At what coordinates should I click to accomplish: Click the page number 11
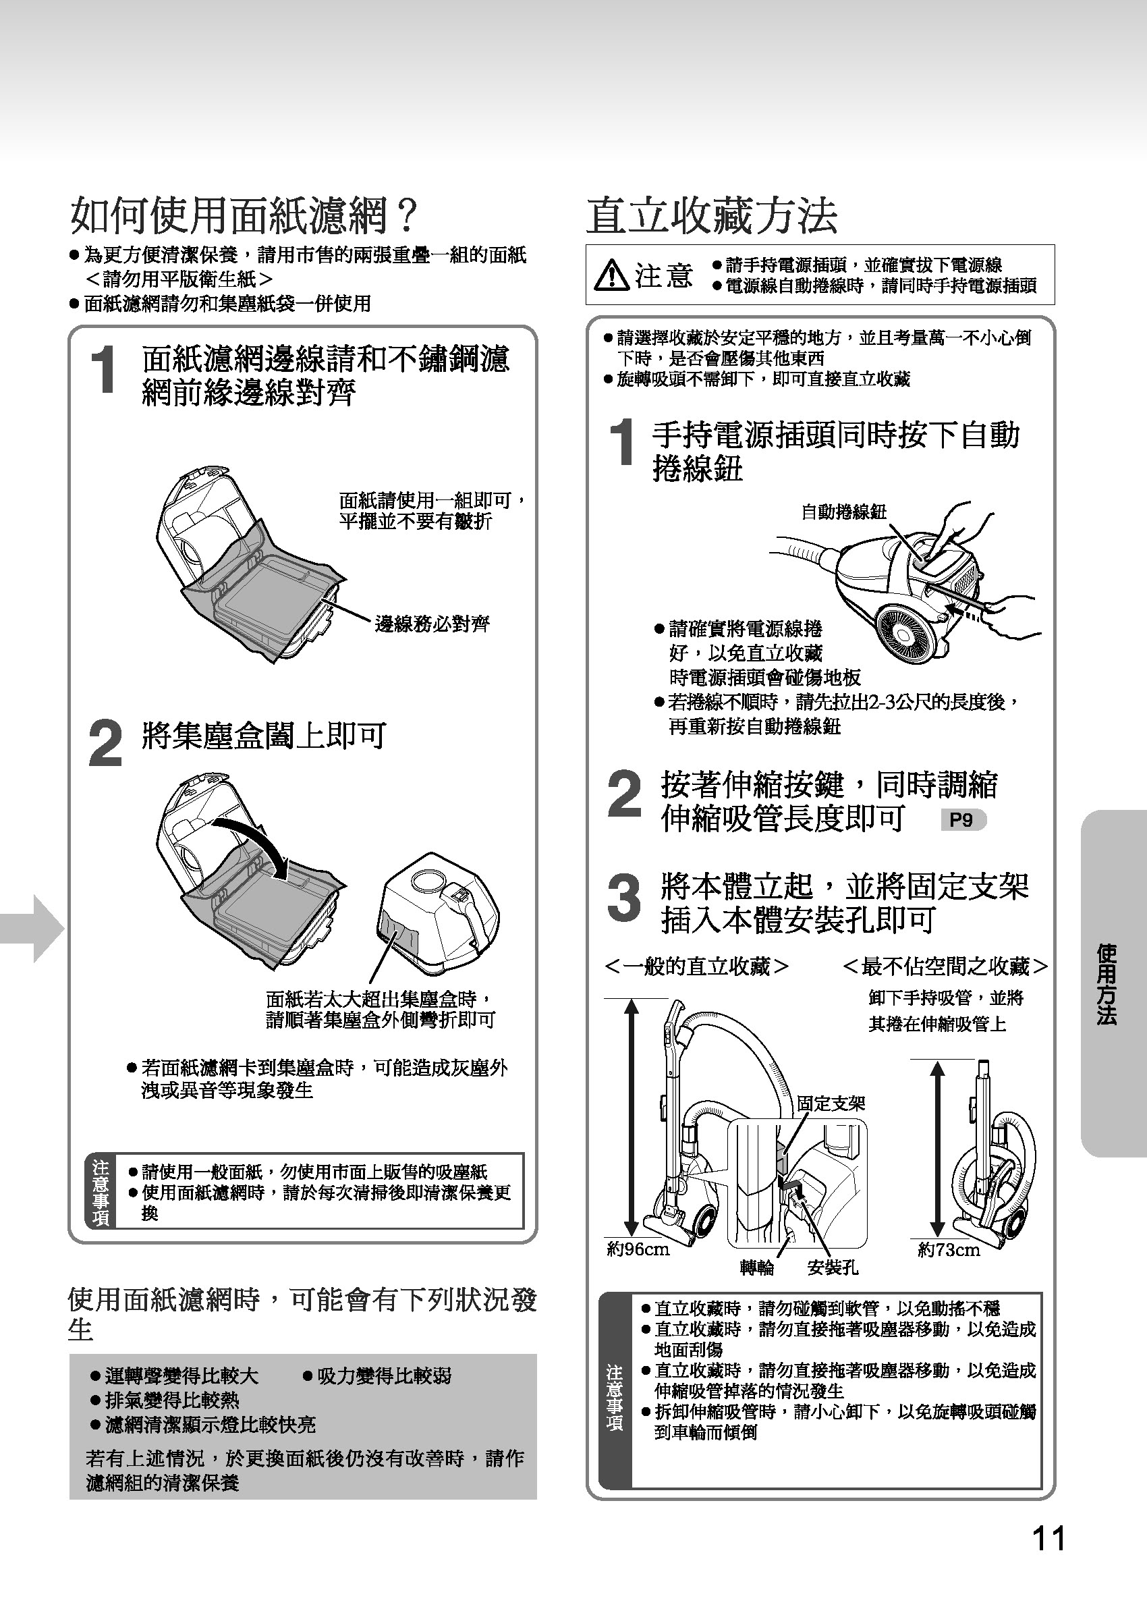coord(1048,1538)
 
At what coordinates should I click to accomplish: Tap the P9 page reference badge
coord(963,820)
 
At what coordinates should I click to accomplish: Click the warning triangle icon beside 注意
coord(612,275)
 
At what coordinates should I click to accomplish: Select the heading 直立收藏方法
coord(712,215)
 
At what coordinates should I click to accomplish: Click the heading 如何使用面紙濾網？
coord(244,215)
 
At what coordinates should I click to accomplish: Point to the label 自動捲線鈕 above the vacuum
coord(843,512)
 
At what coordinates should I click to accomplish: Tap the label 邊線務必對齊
coord(432,624)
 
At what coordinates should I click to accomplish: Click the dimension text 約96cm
coord(638,1249)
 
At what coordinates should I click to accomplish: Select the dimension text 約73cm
coord(949,1250)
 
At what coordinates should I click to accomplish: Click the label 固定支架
coord(831,1103)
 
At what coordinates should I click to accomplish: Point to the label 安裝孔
coord(833,1268)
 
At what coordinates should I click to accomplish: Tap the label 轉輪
coord(757,1269)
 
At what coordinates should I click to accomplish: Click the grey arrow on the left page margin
coord(32,928)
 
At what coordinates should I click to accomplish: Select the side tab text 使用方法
coord(1107,984)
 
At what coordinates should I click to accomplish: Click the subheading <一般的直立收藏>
coord(697,966)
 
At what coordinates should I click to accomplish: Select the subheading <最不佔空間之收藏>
coord(946,966)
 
